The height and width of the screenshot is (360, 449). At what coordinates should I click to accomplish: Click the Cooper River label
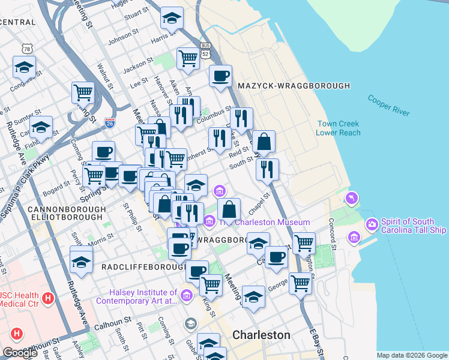pyautogui.click(x=388, y=106)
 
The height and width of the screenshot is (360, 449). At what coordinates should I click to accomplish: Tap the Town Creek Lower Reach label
pyautogui.click(x=339, y=128)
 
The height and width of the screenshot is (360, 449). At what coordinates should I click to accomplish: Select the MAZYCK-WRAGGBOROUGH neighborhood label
pyautogui.click(x=294, y=86)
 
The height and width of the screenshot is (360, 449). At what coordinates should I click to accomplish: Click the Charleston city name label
pyautogui.click(x=261, y=335)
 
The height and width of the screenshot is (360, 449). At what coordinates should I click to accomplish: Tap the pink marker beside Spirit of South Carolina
pyautogui.click(x=372, y=224)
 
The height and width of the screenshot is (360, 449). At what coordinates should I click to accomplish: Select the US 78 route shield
pyautogui.click(x=25, y=48)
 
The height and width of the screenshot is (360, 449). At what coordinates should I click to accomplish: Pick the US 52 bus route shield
pyautogui.click(x=206, y=50)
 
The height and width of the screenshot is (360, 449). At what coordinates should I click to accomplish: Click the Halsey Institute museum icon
pyautogui.click(x=186, y=295)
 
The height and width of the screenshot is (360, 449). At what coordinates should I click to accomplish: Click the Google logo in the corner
pyautogui.click(x=20, y=353)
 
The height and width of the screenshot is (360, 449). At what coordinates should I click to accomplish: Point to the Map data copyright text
pyautogui.click(x=412, y=355)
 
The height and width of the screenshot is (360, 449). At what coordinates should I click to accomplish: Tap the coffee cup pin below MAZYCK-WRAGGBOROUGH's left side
pyautogui.click(x=220, y=76)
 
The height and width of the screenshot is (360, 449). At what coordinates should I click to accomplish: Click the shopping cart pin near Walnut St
pyautogui.click(x=83, y=92)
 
